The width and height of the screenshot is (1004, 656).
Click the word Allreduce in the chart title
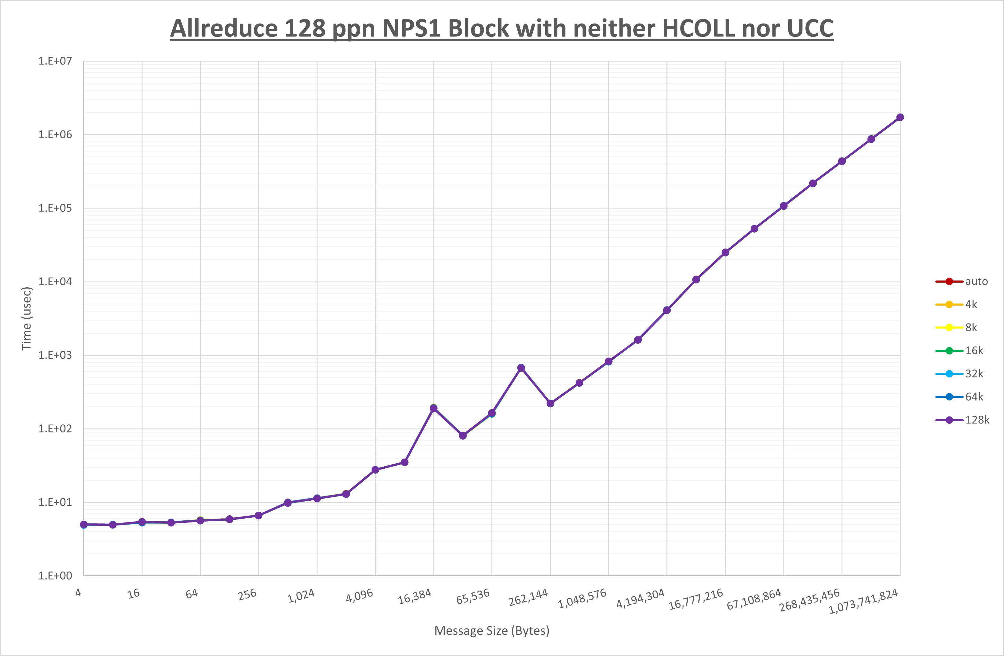click(x=223, y=29)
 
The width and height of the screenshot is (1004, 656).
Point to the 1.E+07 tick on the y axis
click(x=55, y=61)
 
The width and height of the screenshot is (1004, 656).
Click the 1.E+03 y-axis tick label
click(x=55, y=355)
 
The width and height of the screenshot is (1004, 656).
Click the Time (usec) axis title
click(x=27, y=318)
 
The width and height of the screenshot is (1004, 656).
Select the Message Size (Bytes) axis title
click(x=492, y=631)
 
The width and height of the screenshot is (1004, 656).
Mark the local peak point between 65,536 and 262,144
click(x=521, y=368)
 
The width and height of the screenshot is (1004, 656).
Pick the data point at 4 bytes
click(x=84, y=524)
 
